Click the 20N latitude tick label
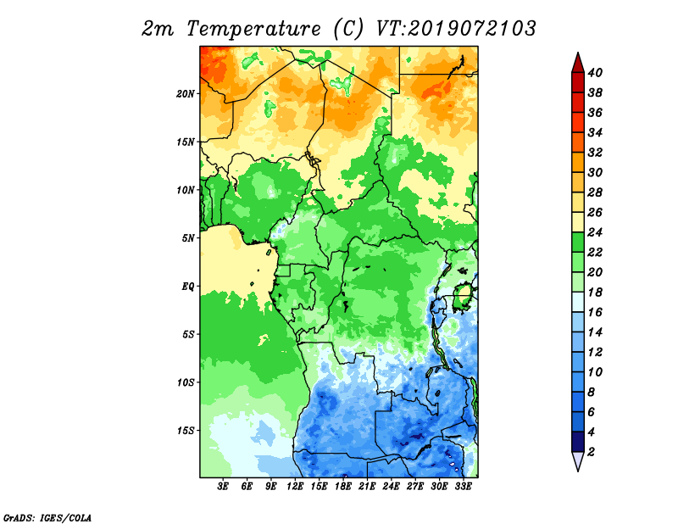pos(186,94)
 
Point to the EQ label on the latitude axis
pos(187,287)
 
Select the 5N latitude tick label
pos(188,238)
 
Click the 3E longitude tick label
pos(223,487)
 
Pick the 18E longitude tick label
pos(343,487)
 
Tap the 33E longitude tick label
pos(463,487)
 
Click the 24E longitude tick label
pos(391,487)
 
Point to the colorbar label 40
pos(596,73)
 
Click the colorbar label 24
pos(596,232)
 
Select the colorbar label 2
pos(591,452)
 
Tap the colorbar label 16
pos(596,312)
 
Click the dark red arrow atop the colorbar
pos(578,63)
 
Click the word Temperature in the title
pos(253,29)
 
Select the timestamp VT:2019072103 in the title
pos(456,29)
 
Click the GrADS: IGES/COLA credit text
pos(47,518)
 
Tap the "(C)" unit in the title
pos(348,29)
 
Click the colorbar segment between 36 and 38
pos(578,103)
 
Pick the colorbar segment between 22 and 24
pos(578,242)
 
